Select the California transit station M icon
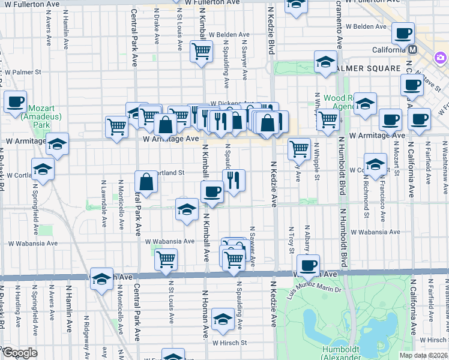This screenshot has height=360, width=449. coord(412,50)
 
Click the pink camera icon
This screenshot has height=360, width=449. coord(441,58)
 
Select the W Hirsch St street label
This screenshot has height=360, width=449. coord(227,343)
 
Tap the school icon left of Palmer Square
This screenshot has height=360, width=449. coord(325,62)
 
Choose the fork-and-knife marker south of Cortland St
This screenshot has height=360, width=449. coord(233,179)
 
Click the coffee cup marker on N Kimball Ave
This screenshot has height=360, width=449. coord(211,192)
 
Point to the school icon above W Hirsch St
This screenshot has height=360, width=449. coord(223,319)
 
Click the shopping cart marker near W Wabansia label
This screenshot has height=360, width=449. coord(166,259)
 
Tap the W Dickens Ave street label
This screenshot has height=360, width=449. coord(223,103)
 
